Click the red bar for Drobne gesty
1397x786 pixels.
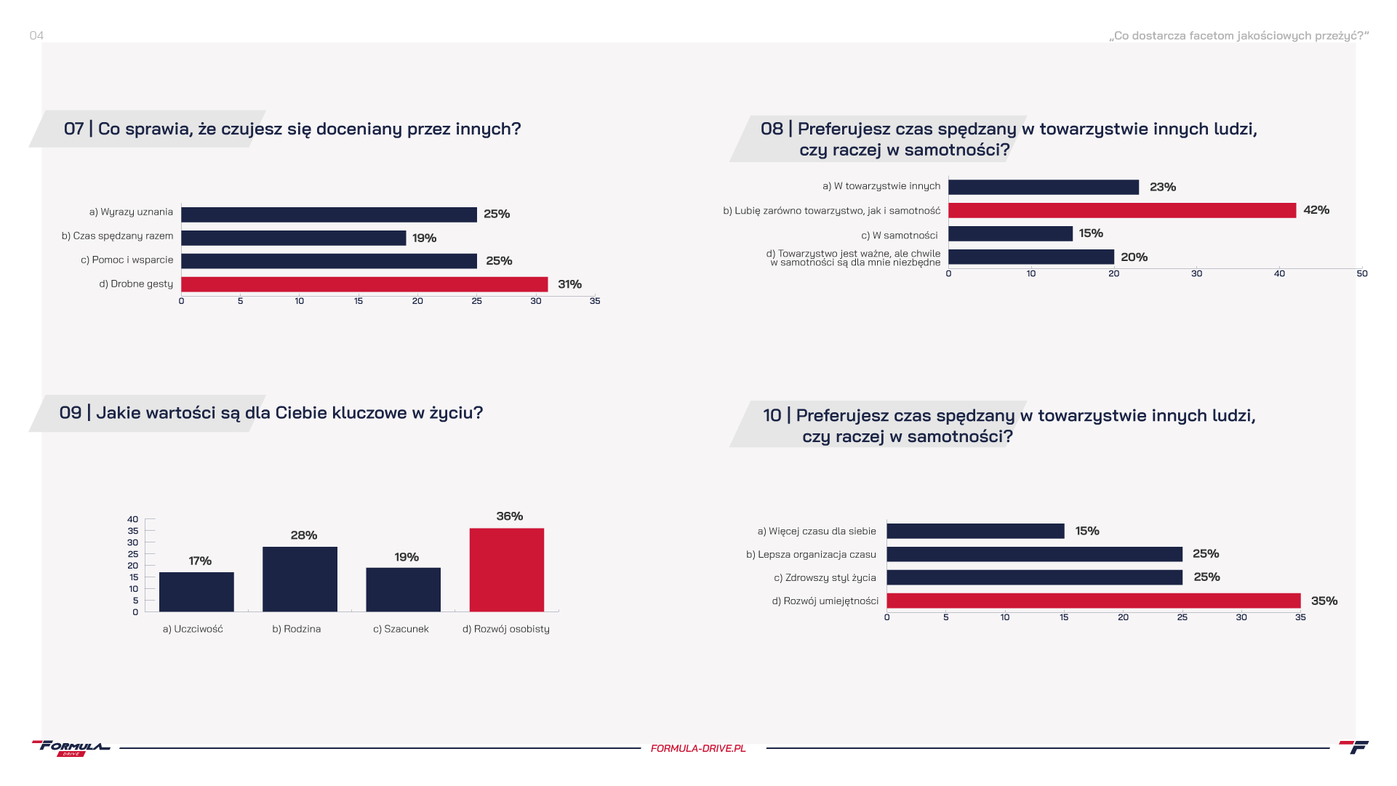coord(364,284)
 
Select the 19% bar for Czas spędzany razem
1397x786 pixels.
coord(293,238)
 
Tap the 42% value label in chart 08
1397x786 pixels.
coord(1316,210)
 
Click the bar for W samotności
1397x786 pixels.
coord(1010,234)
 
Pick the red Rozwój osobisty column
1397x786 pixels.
coord(506,569)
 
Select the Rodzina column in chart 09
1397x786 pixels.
coord(300,579)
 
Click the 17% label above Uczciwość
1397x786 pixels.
coord(200,561)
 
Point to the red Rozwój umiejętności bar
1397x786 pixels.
coord(1093,601)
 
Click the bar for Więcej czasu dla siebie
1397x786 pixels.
coord(975,532)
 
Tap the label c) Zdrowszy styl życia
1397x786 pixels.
coord(825,578)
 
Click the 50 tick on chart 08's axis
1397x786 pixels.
coord(1361,274)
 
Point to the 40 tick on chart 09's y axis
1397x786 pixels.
coord(132,519)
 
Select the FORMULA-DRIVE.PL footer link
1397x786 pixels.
coord(698,748)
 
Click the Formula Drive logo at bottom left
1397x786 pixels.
coord(71,748)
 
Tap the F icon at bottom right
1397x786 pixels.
coord(1353,747)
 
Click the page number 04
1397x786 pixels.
coord(36,36)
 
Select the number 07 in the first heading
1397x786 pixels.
coord(73,129)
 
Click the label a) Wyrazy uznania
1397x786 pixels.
coord(131,212)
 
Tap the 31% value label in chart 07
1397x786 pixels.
coord(569,284)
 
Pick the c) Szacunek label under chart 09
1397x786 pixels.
coord(401,629)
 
